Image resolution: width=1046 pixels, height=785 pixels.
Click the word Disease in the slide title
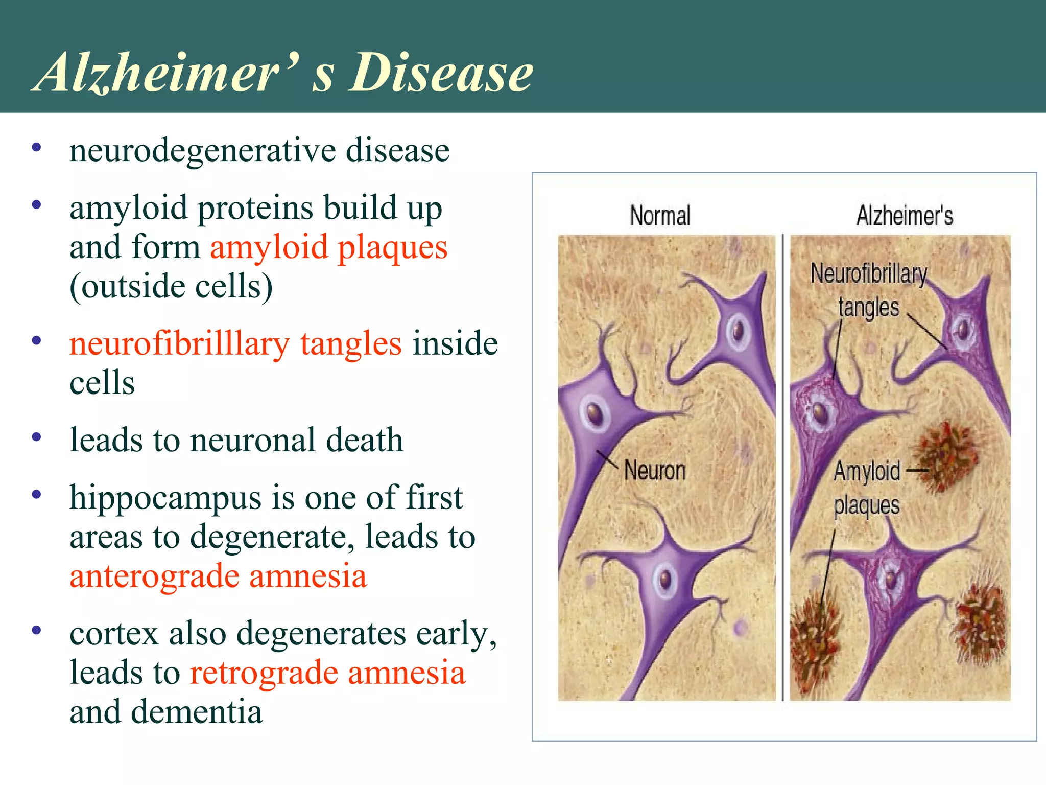[x=440, y=73]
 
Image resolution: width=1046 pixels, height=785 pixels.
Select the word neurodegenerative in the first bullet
[x=202, y=151]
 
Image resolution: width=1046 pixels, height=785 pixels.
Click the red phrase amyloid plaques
[x=328, y=247]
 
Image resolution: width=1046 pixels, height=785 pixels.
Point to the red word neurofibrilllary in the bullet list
[x=179, y=343]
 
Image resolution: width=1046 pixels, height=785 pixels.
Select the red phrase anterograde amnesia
[x=218, y=576]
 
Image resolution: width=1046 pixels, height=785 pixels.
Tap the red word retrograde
[x=264, y=672]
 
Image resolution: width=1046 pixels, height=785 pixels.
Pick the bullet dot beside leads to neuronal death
[x=36, y=437]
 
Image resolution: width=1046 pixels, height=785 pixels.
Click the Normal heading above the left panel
[x=659, y=215]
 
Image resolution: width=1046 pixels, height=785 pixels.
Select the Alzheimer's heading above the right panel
[x=905, y=215]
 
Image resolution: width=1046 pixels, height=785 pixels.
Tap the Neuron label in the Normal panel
[x=655, y=470]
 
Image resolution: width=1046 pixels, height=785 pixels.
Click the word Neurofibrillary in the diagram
[x=868, y=273]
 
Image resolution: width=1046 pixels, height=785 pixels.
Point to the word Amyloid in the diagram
[x=867, y=471]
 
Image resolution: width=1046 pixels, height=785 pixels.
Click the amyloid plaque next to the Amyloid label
[x=946, y=456]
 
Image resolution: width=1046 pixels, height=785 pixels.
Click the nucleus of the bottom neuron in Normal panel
[x=665, y=579]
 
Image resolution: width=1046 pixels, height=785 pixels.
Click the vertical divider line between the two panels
[x=783, y=468]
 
